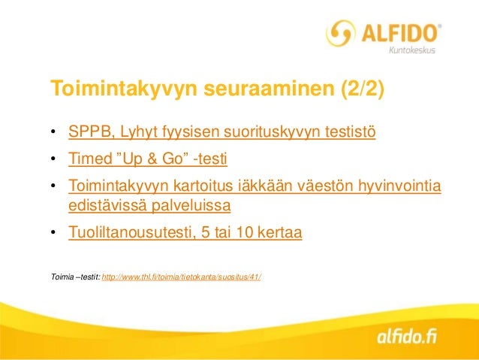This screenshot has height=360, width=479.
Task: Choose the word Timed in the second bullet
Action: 88,159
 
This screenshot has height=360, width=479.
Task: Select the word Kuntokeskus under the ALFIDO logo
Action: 411,50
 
